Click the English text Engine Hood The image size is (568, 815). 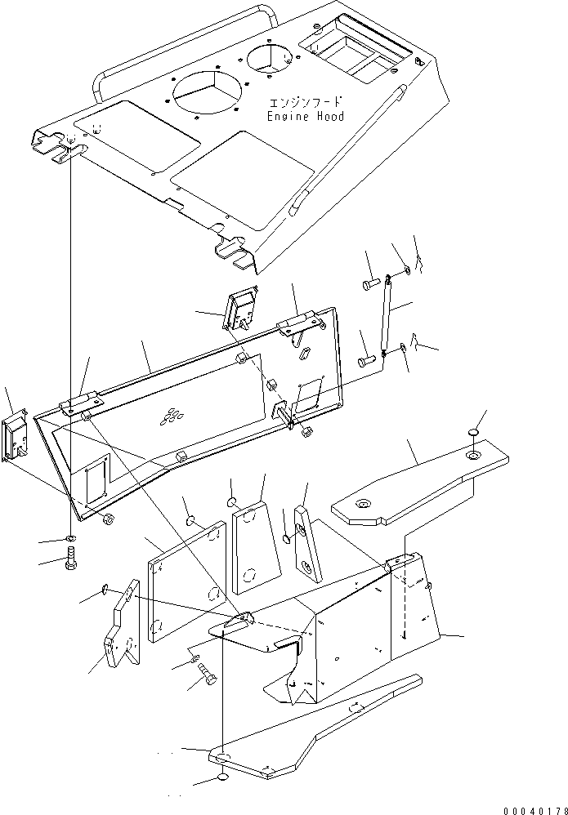pos(306,117)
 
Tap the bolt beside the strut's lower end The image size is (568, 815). pos(366,359)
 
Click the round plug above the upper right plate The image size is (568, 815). pos(473,431)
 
